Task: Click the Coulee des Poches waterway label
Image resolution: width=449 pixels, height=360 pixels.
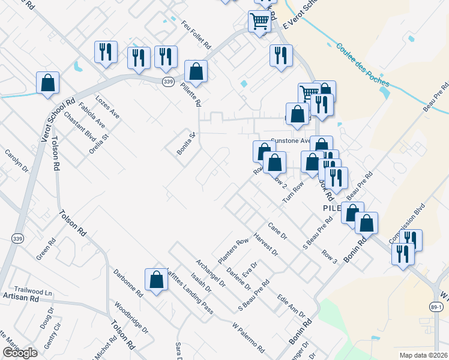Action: point(362,64)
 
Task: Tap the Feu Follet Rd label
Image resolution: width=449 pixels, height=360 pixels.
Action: point(196,34)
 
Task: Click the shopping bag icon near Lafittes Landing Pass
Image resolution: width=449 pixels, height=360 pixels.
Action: point(156,280)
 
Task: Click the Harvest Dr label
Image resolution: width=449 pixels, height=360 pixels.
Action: point(266,244)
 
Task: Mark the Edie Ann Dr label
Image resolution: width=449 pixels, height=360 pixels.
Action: point(291,307)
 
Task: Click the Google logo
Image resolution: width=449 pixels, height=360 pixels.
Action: point(20,353)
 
